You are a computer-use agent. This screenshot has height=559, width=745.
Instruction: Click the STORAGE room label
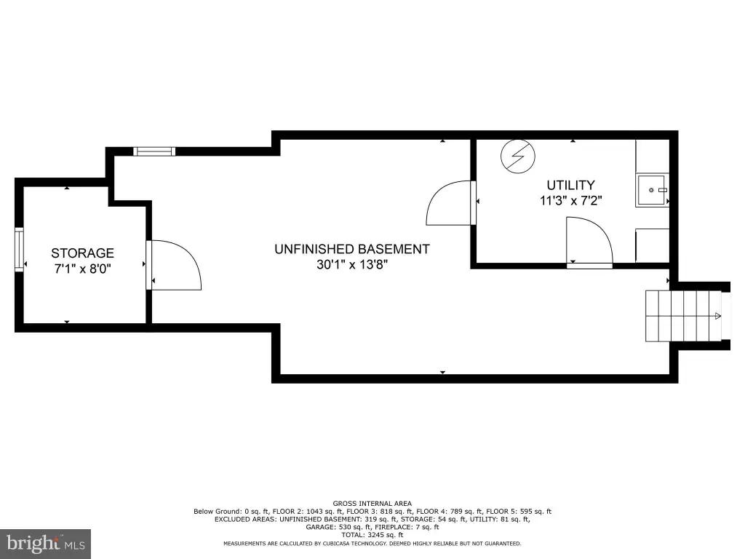(83, 253)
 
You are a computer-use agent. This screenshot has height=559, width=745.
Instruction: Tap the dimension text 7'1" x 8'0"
(83, 269)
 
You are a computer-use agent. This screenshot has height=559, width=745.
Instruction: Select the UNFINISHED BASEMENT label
(352, 249)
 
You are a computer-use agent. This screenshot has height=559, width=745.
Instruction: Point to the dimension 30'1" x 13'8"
(352, 265)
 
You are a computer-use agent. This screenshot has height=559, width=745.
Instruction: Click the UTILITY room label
(570, 185)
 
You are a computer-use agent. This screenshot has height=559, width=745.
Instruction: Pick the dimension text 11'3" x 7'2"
(570, 201)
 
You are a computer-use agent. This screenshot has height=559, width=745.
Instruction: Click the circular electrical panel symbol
(518, 156)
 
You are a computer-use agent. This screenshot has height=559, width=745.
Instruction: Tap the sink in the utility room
(653, 190)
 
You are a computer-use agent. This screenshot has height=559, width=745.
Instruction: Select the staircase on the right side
(682, 316)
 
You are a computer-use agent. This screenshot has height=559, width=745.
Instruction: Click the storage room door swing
(174, 265)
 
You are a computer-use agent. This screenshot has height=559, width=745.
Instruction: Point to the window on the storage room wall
(19, 250)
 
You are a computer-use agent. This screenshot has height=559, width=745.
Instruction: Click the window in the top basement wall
(154, 151)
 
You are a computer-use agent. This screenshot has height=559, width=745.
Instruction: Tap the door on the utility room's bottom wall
(589, 242)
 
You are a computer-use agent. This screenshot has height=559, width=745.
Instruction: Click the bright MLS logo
(46, 544)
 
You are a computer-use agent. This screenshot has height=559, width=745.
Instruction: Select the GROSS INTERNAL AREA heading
(372, 504)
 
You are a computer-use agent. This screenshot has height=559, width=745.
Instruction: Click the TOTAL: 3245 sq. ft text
(372, 535)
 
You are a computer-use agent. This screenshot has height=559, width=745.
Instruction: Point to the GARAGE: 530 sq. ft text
(338, 527)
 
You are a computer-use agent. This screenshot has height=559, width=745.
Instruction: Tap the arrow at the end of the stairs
(718, 316)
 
